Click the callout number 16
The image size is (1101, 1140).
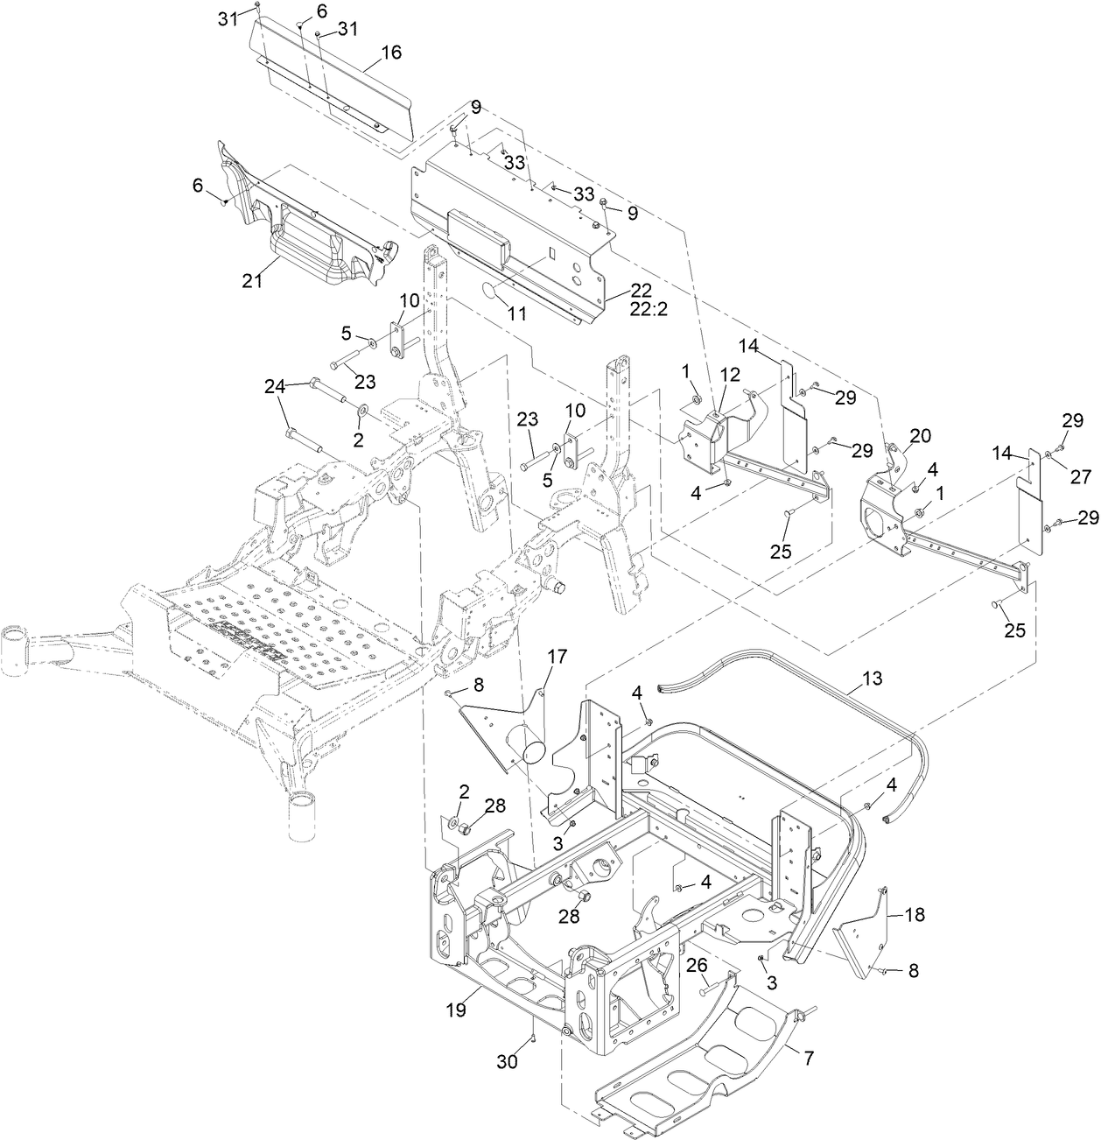pos(390,53)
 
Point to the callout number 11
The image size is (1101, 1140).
pos(517,313)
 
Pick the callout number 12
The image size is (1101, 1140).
pos(730,374)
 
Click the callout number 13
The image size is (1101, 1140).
pos(872,678)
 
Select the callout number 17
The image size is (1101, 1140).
pos(558,656)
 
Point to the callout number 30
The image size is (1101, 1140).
pos(508,1061)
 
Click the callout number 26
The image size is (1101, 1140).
pos(696,965)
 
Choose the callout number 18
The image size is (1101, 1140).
pos(913,915)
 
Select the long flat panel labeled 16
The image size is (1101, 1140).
pos(341,88)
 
